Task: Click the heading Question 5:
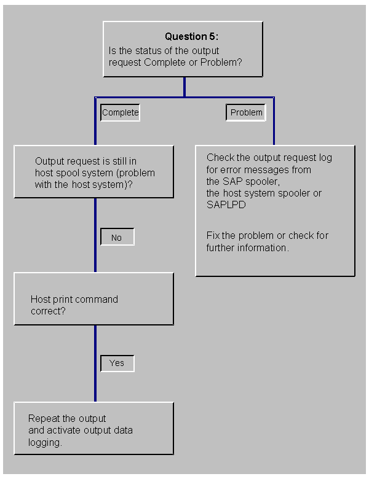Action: tap(191, 37)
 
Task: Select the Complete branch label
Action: tap(121, 112)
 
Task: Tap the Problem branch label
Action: tap(246, 112)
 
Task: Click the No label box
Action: tap(117, 238)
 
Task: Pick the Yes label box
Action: tap(117, 363)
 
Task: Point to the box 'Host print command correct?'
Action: tap(93, 299)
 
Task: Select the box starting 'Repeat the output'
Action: tap(93, 428)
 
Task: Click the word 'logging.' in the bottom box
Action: tap(46, 442)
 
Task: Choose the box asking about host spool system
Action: tap(93, 171)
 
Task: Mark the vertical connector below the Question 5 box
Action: tap(184, 87)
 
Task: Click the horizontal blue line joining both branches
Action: tap(184, 97)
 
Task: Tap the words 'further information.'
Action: tap(247, 247)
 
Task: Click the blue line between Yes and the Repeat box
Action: tap(95, 387)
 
